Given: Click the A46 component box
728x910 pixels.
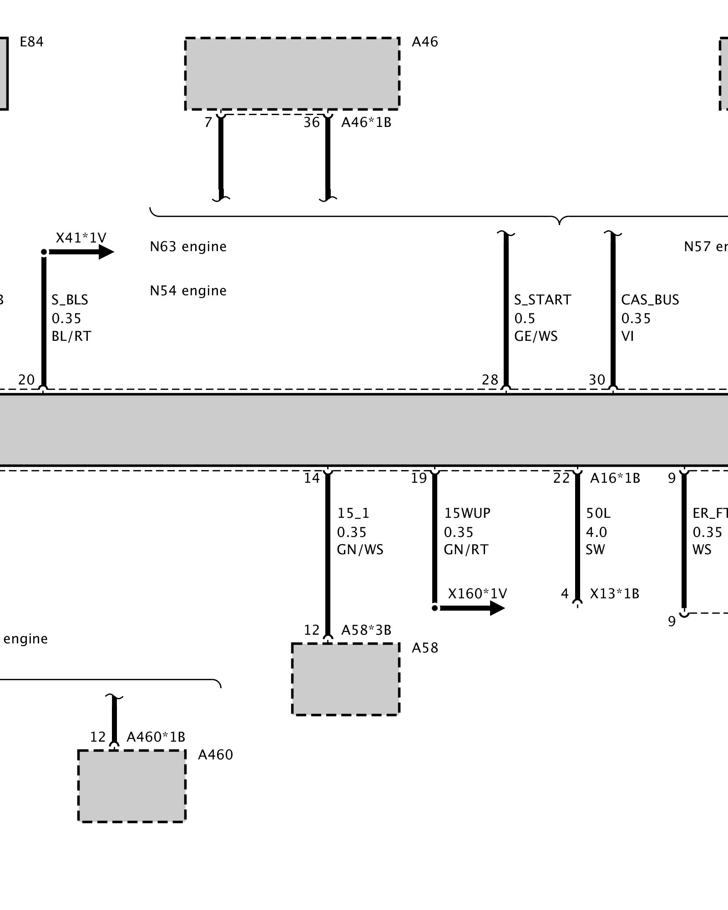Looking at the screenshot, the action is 292,73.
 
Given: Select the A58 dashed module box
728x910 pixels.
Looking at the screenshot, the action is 345,679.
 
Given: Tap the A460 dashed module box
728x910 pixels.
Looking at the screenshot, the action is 131,786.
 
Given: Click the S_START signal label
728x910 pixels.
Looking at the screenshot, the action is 542,300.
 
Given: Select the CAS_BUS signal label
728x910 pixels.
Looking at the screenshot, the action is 650,300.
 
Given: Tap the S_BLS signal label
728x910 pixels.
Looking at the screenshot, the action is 70,300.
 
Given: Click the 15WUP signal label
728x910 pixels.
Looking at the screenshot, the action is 467,513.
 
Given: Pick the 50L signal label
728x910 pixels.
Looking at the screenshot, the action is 598,513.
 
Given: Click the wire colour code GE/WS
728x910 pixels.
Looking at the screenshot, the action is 536,336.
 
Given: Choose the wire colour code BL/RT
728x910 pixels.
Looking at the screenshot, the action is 71,336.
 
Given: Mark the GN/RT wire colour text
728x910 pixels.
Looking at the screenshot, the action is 466,550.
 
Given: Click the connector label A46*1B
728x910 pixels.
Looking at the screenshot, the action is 366,122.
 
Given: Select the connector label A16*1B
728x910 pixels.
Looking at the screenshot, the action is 615,478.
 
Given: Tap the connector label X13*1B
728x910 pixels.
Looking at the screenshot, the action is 614,594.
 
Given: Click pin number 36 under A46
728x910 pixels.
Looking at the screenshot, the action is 312,122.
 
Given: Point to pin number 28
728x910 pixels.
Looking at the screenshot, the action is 490,379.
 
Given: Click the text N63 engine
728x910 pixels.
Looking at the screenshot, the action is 188,247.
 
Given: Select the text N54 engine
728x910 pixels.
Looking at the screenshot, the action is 188,291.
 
